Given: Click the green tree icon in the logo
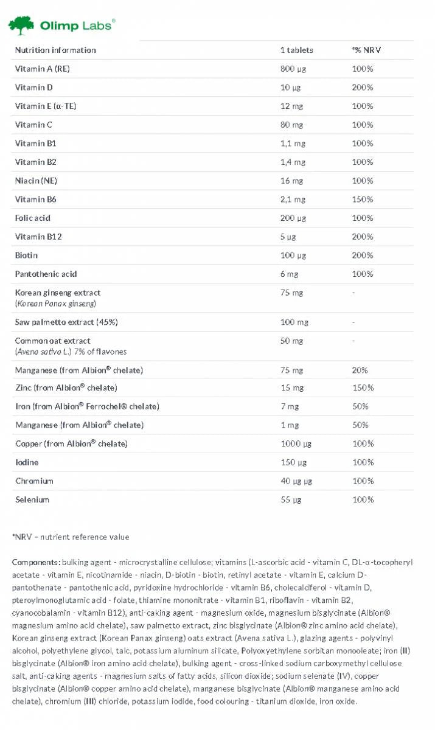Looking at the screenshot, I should click(21, 26).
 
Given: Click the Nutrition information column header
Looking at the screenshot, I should click(55, 50).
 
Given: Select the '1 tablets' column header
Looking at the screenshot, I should click(296, 50).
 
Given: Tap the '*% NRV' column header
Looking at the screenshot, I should click(366, 50).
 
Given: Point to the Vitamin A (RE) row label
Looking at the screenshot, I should click(42, 69).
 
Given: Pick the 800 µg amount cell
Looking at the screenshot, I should click(293, 69).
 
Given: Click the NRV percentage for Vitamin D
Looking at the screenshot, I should click(362, 88).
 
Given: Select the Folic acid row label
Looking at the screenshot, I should click(32, 218).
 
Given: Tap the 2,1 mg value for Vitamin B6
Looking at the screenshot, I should click(291, 199).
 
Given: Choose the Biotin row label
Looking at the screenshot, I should click(26, 255).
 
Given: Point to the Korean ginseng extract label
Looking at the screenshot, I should click(58, 293).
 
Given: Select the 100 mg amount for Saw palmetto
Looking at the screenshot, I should click(293, 322).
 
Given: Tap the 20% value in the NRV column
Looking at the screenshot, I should click(360, 370).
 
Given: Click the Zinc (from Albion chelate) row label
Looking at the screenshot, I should click(66, 388).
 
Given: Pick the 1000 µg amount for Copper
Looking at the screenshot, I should click(295, 443).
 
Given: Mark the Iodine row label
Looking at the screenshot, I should click(26, 462).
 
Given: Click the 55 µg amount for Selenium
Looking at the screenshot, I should click(291, 499).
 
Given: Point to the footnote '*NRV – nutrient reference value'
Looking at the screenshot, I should click(71, 537).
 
